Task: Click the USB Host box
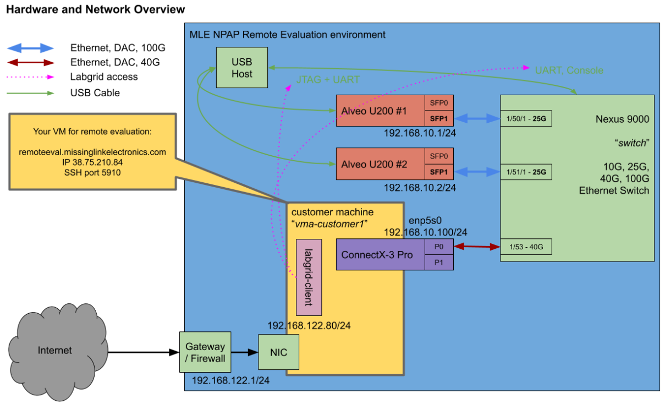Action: pos(242,67)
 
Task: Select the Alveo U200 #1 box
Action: pos(380,111)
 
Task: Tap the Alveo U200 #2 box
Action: pos(380,164)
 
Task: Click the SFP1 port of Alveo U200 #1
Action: pos(439,118)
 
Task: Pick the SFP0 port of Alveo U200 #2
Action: pos(439,156)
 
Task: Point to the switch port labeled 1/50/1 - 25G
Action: pos(526,118)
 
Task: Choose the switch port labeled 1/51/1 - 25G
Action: pos(526,172)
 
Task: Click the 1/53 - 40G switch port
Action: pos(526,247)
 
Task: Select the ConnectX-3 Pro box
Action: pos(380,255)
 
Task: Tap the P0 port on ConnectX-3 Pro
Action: pos(439,247)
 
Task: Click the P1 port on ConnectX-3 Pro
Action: pos(439,263)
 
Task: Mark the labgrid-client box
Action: pos(309,277)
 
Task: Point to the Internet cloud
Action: pos(55,350)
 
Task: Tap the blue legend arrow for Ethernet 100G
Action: pos(30,48)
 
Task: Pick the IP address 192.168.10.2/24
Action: pos(420,188)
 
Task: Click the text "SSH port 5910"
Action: pos(92,172)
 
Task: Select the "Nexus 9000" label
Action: pos(622,119)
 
